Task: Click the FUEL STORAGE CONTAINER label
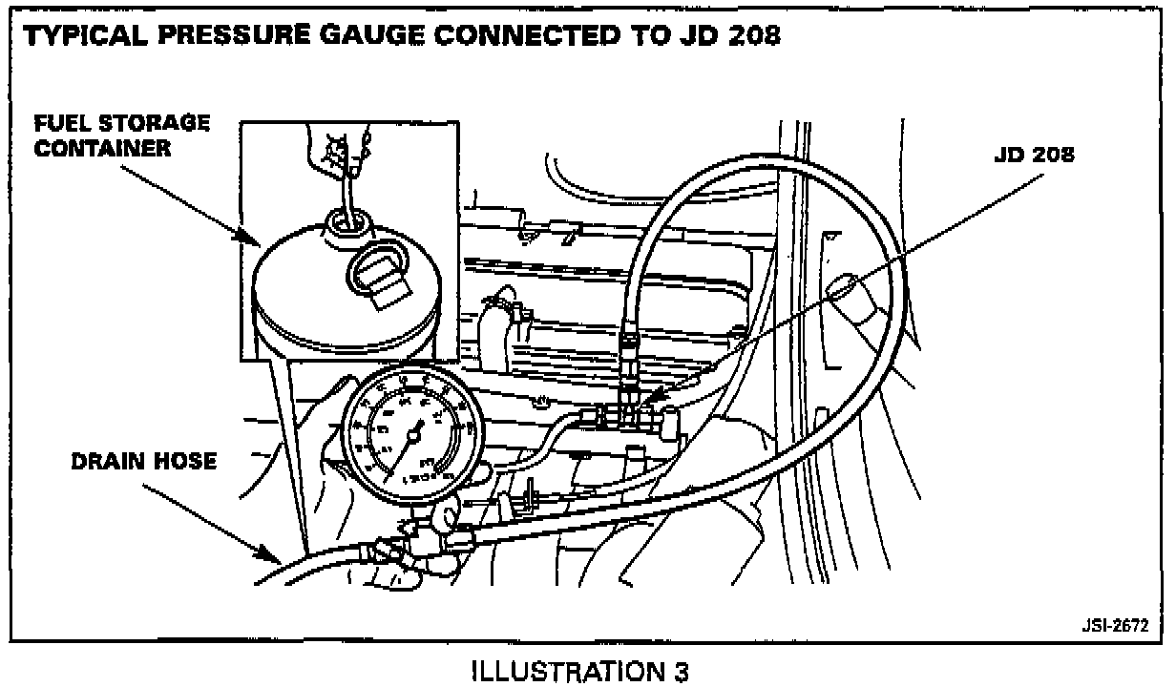(121, 135)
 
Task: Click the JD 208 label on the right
(1034, 155)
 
